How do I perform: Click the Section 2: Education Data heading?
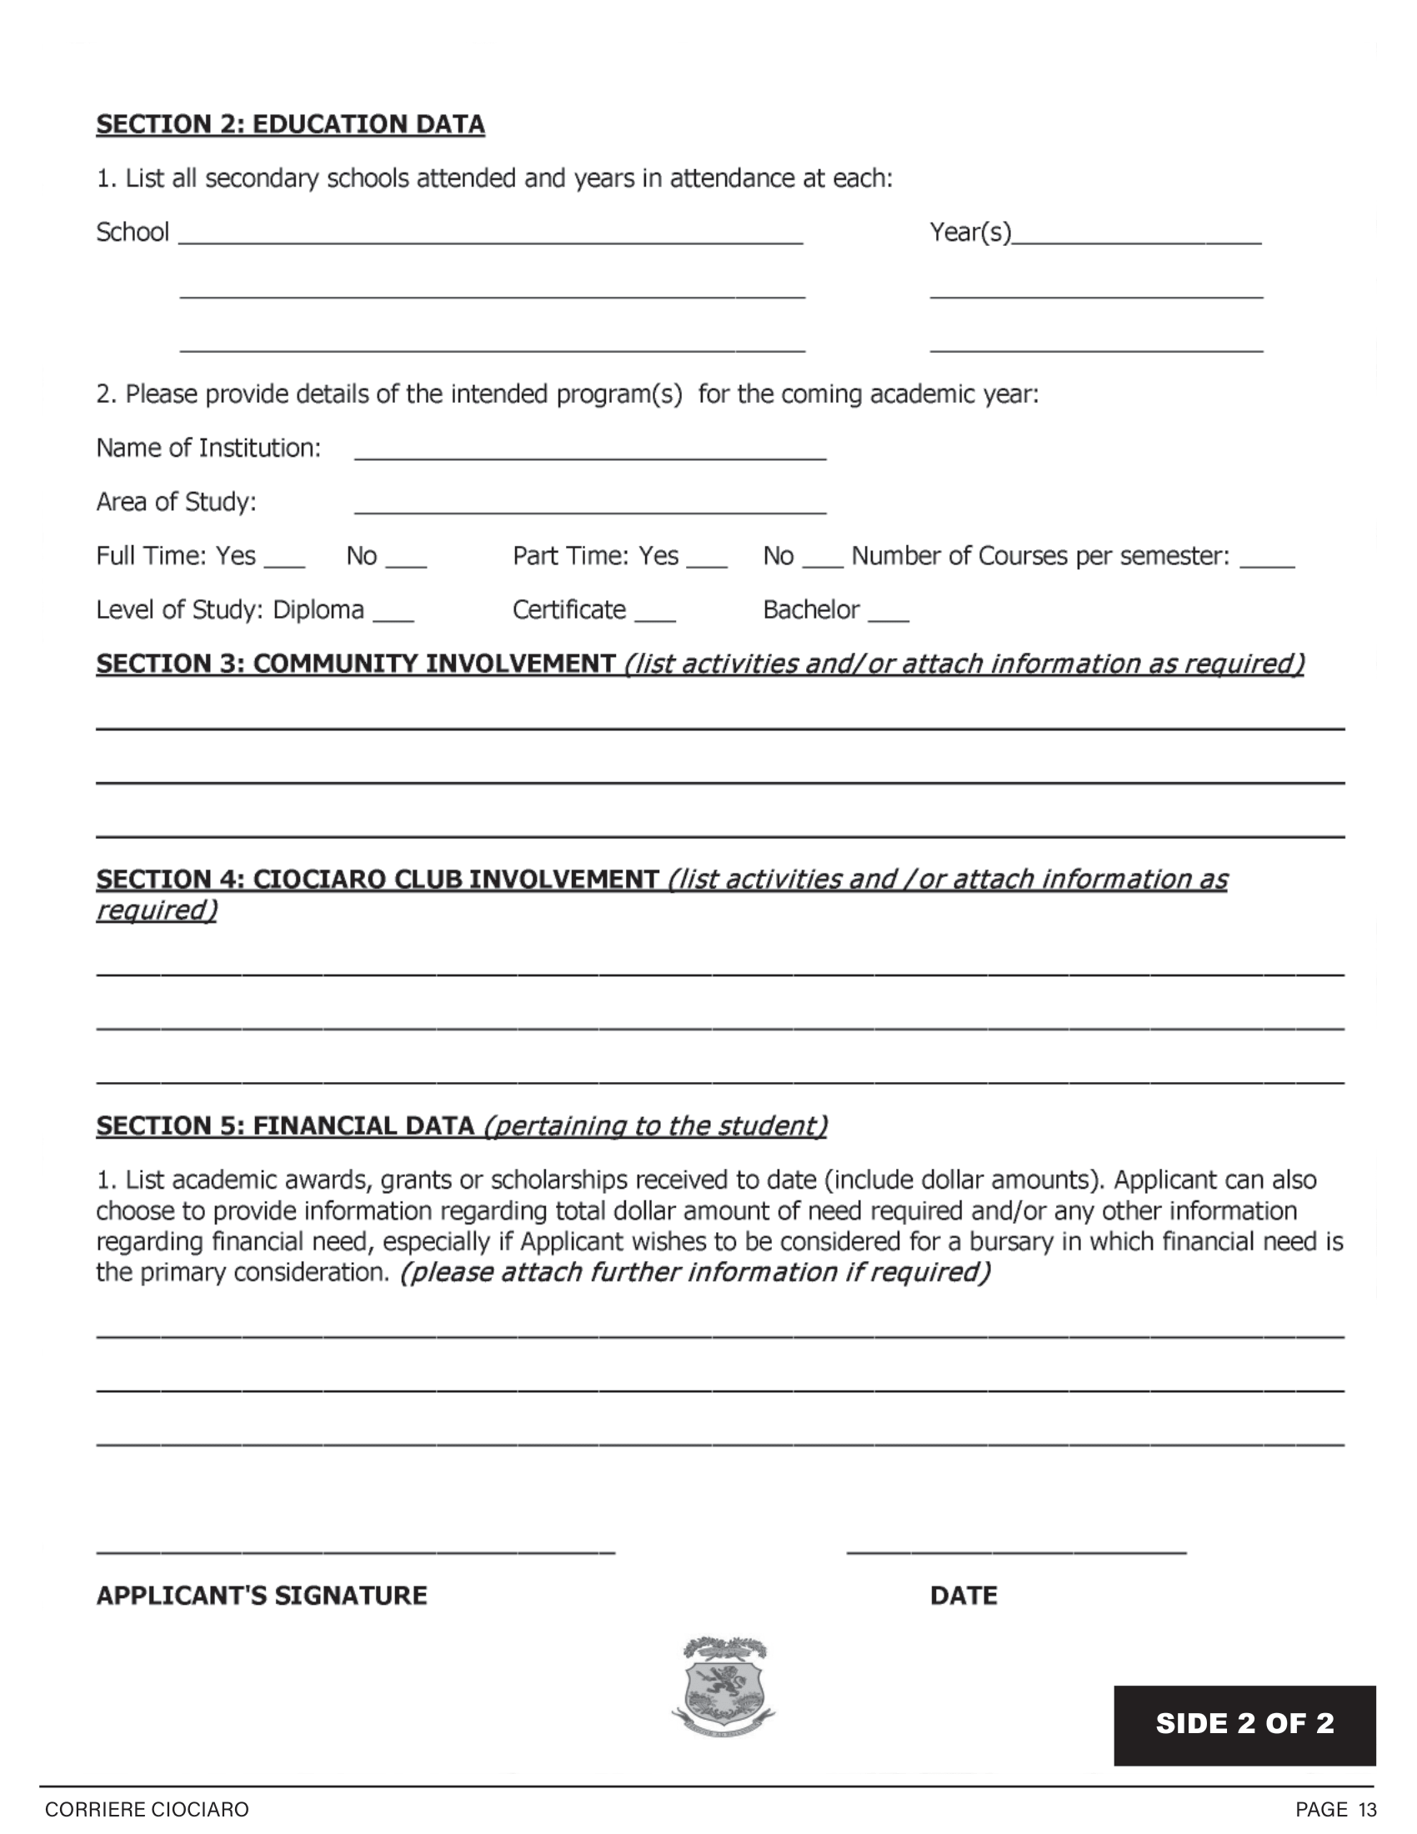[290, 124]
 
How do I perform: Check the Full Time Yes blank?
[284, 564]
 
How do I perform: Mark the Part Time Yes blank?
[707, 564]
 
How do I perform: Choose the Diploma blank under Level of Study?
[393, 617]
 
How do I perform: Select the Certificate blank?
[655, 617]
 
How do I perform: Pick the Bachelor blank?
[889, 617]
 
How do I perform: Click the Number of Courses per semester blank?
[1267, 564]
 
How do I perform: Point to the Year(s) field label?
[970, 232]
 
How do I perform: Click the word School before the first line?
[133, 232]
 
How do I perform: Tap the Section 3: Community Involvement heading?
[356, 664]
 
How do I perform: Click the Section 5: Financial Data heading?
[285, 1125]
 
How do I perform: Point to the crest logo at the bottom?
[724, 1687]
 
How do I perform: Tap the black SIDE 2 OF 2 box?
[1244, 1725]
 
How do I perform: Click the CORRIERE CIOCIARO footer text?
[147, 1810]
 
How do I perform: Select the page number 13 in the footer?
[1368, 1810]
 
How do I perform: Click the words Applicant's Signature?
[262, 1596]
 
